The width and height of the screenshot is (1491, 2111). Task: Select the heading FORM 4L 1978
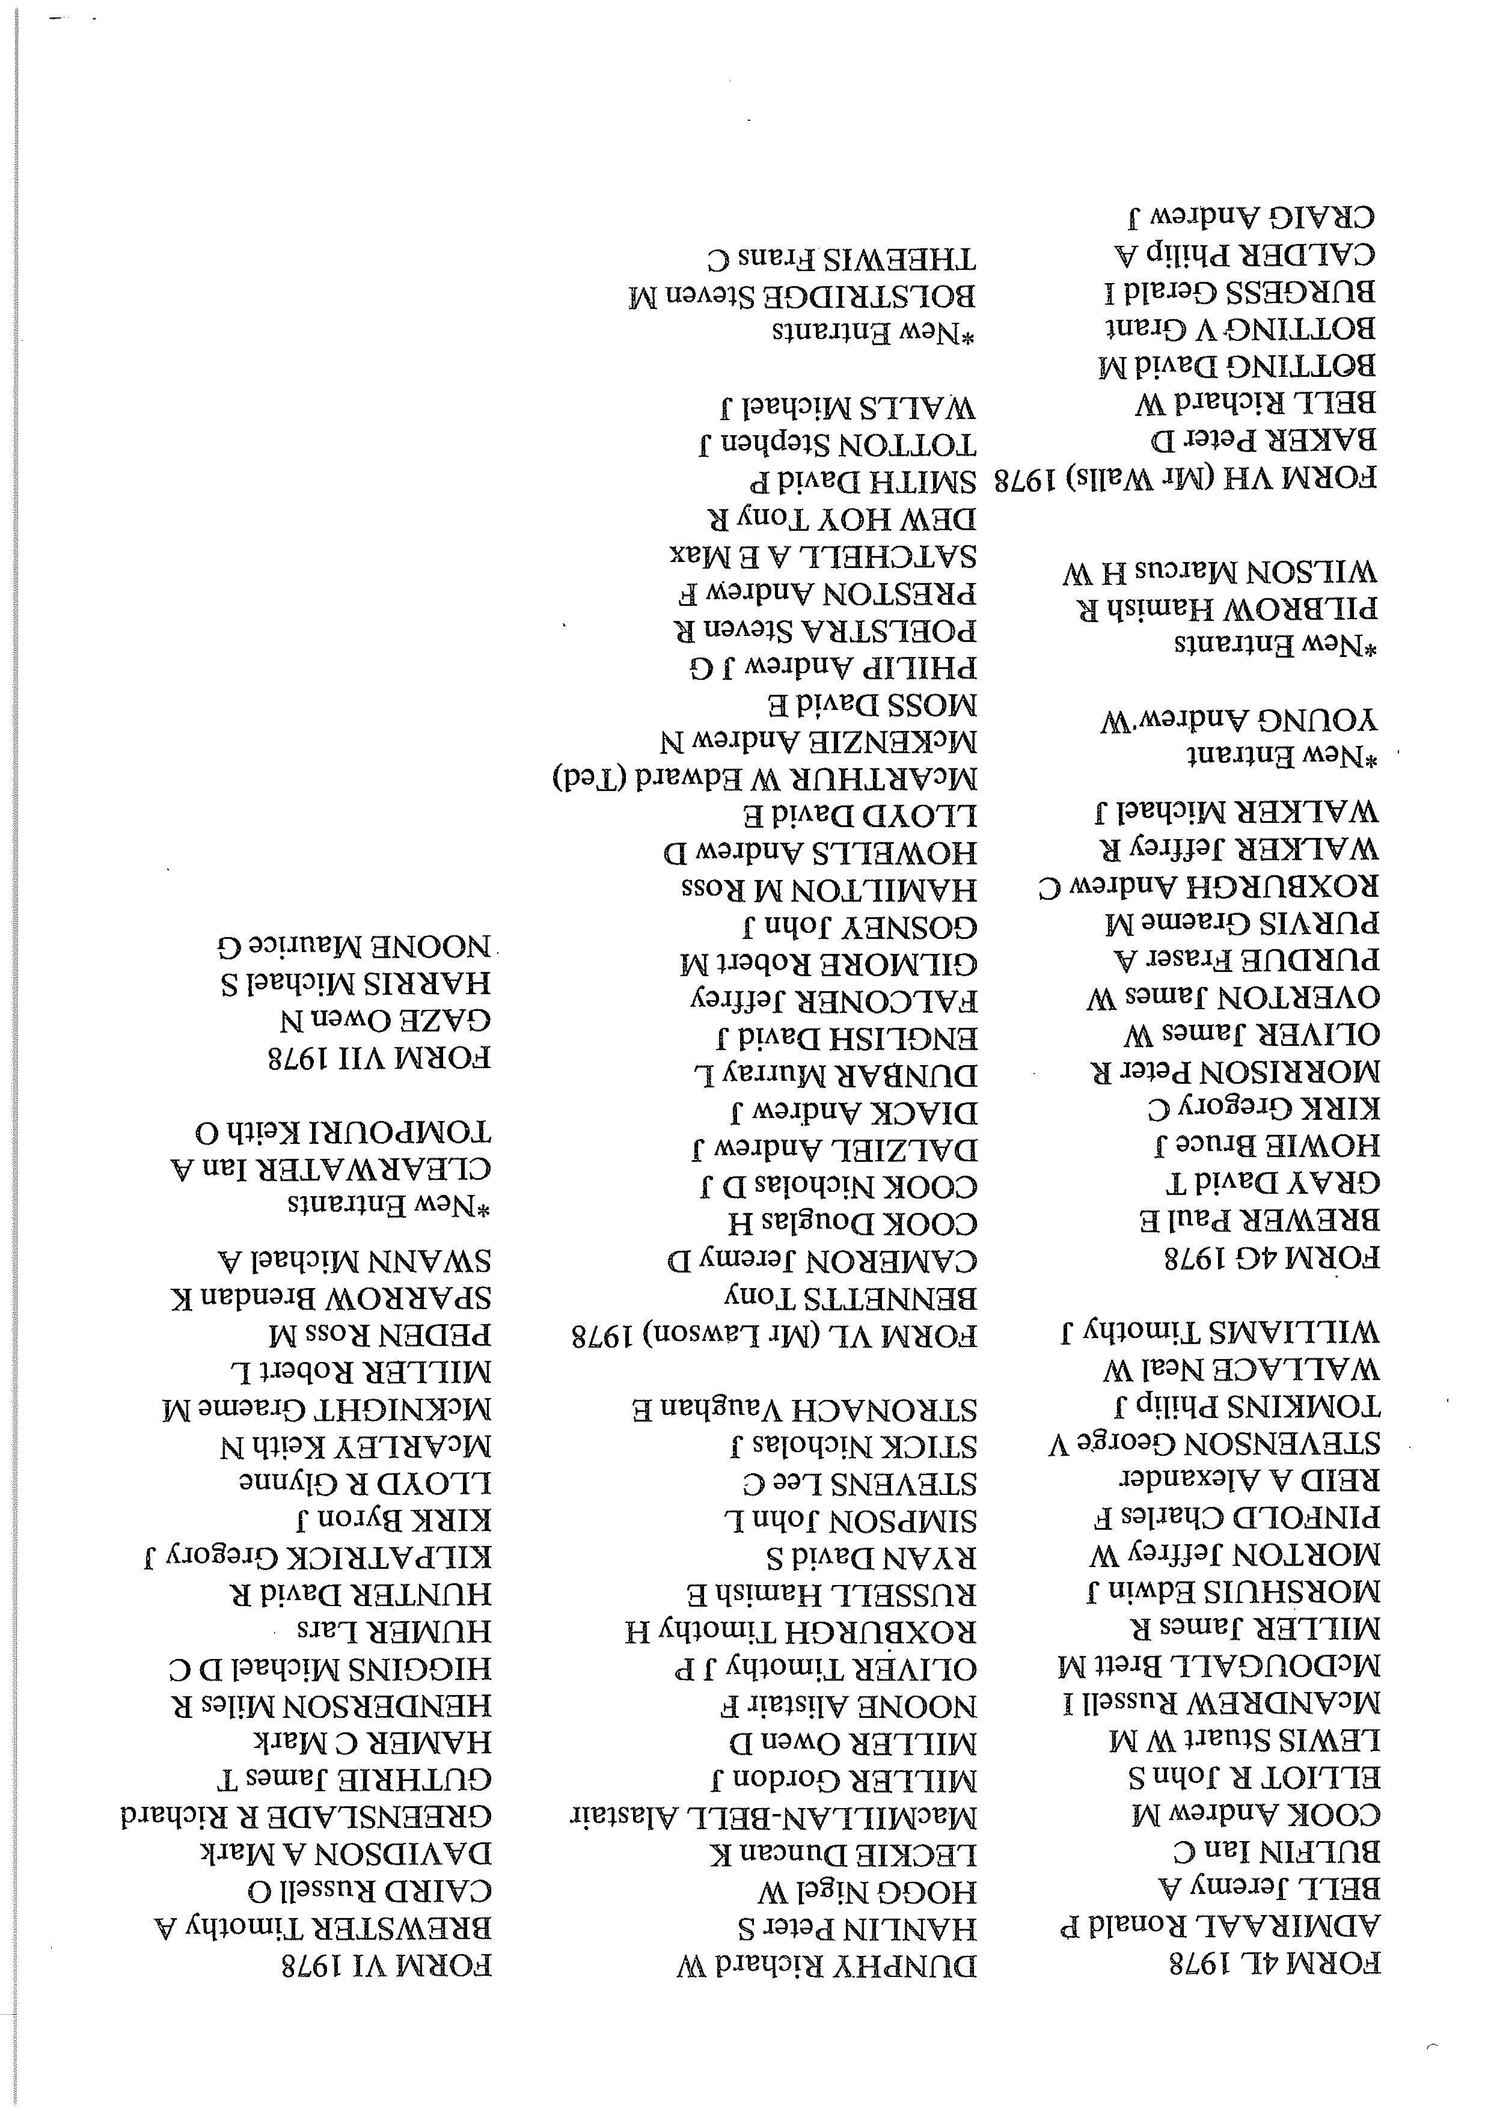pyautogui.click(x=1274, y=1964)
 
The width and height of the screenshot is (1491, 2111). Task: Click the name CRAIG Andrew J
pyautogui.click(x=1253, y=217)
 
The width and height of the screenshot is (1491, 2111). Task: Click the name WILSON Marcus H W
pyautogui.click(x=1220, y=573)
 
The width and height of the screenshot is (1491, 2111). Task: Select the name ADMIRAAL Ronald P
pyautogui.click(x=1220, y=1923)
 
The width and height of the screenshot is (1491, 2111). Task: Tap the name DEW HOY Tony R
pyautogui.click(x=842, y=519)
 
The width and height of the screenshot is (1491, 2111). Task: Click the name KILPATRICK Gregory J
pyautogui.click(x=318, y=1557)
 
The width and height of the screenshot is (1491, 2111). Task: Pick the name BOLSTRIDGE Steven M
pyautogui.click(x=801, y=297)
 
